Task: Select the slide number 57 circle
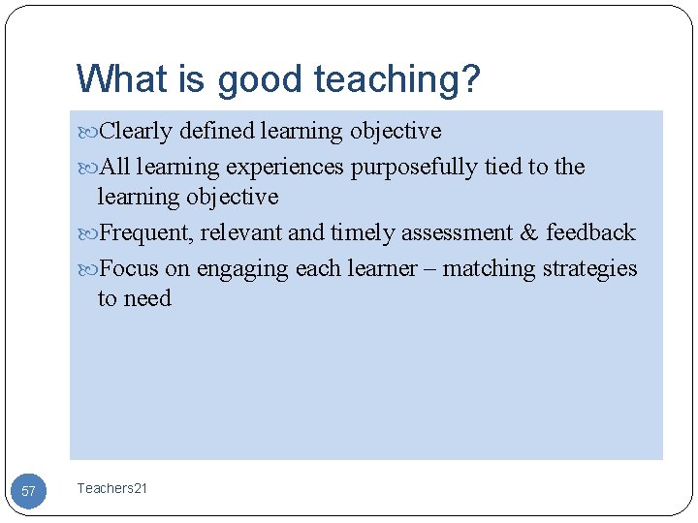[28, 491]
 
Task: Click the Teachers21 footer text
[111, 489]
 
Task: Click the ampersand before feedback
[528, 233]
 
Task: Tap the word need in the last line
[148, 299]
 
